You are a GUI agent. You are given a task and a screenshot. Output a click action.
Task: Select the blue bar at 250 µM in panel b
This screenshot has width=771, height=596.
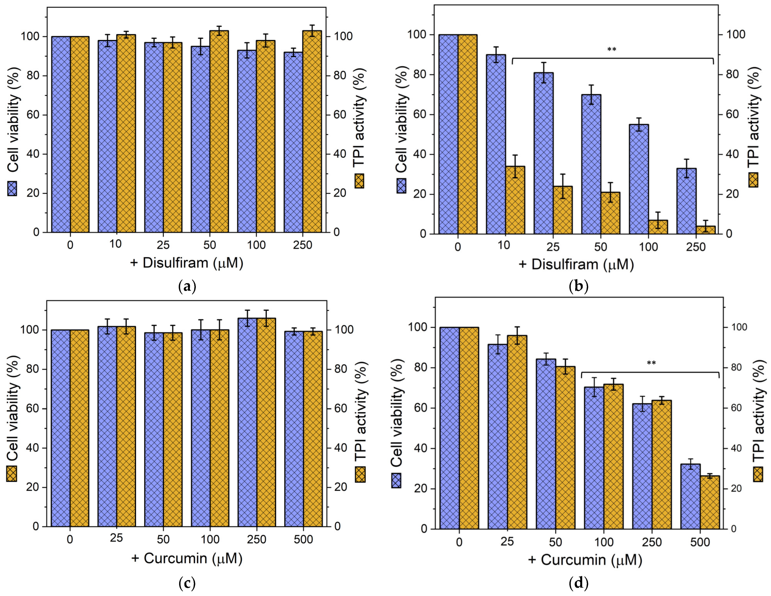click(686, 201)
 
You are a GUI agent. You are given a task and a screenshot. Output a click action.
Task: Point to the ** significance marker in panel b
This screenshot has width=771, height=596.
click(612, 50)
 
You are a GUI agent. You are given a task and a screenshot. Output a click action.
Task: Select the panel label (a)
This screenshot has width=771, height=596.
click(187, 286)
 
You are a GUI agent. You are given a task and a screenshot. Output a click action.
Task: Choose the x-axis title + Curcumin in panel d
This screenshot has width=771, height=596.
click(585, 560)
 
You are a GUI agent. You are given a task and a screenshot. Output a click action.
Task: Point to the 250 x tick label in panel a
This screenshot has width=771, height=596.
click(303, 245)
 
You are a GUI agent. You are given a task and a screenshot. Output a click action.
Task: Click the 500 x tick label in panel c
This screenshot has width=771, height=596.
click(304, 539)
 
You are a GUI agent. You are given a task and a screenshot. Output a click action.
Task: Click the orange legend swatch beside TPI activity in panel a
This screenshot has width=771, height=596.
click(359, 181)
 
